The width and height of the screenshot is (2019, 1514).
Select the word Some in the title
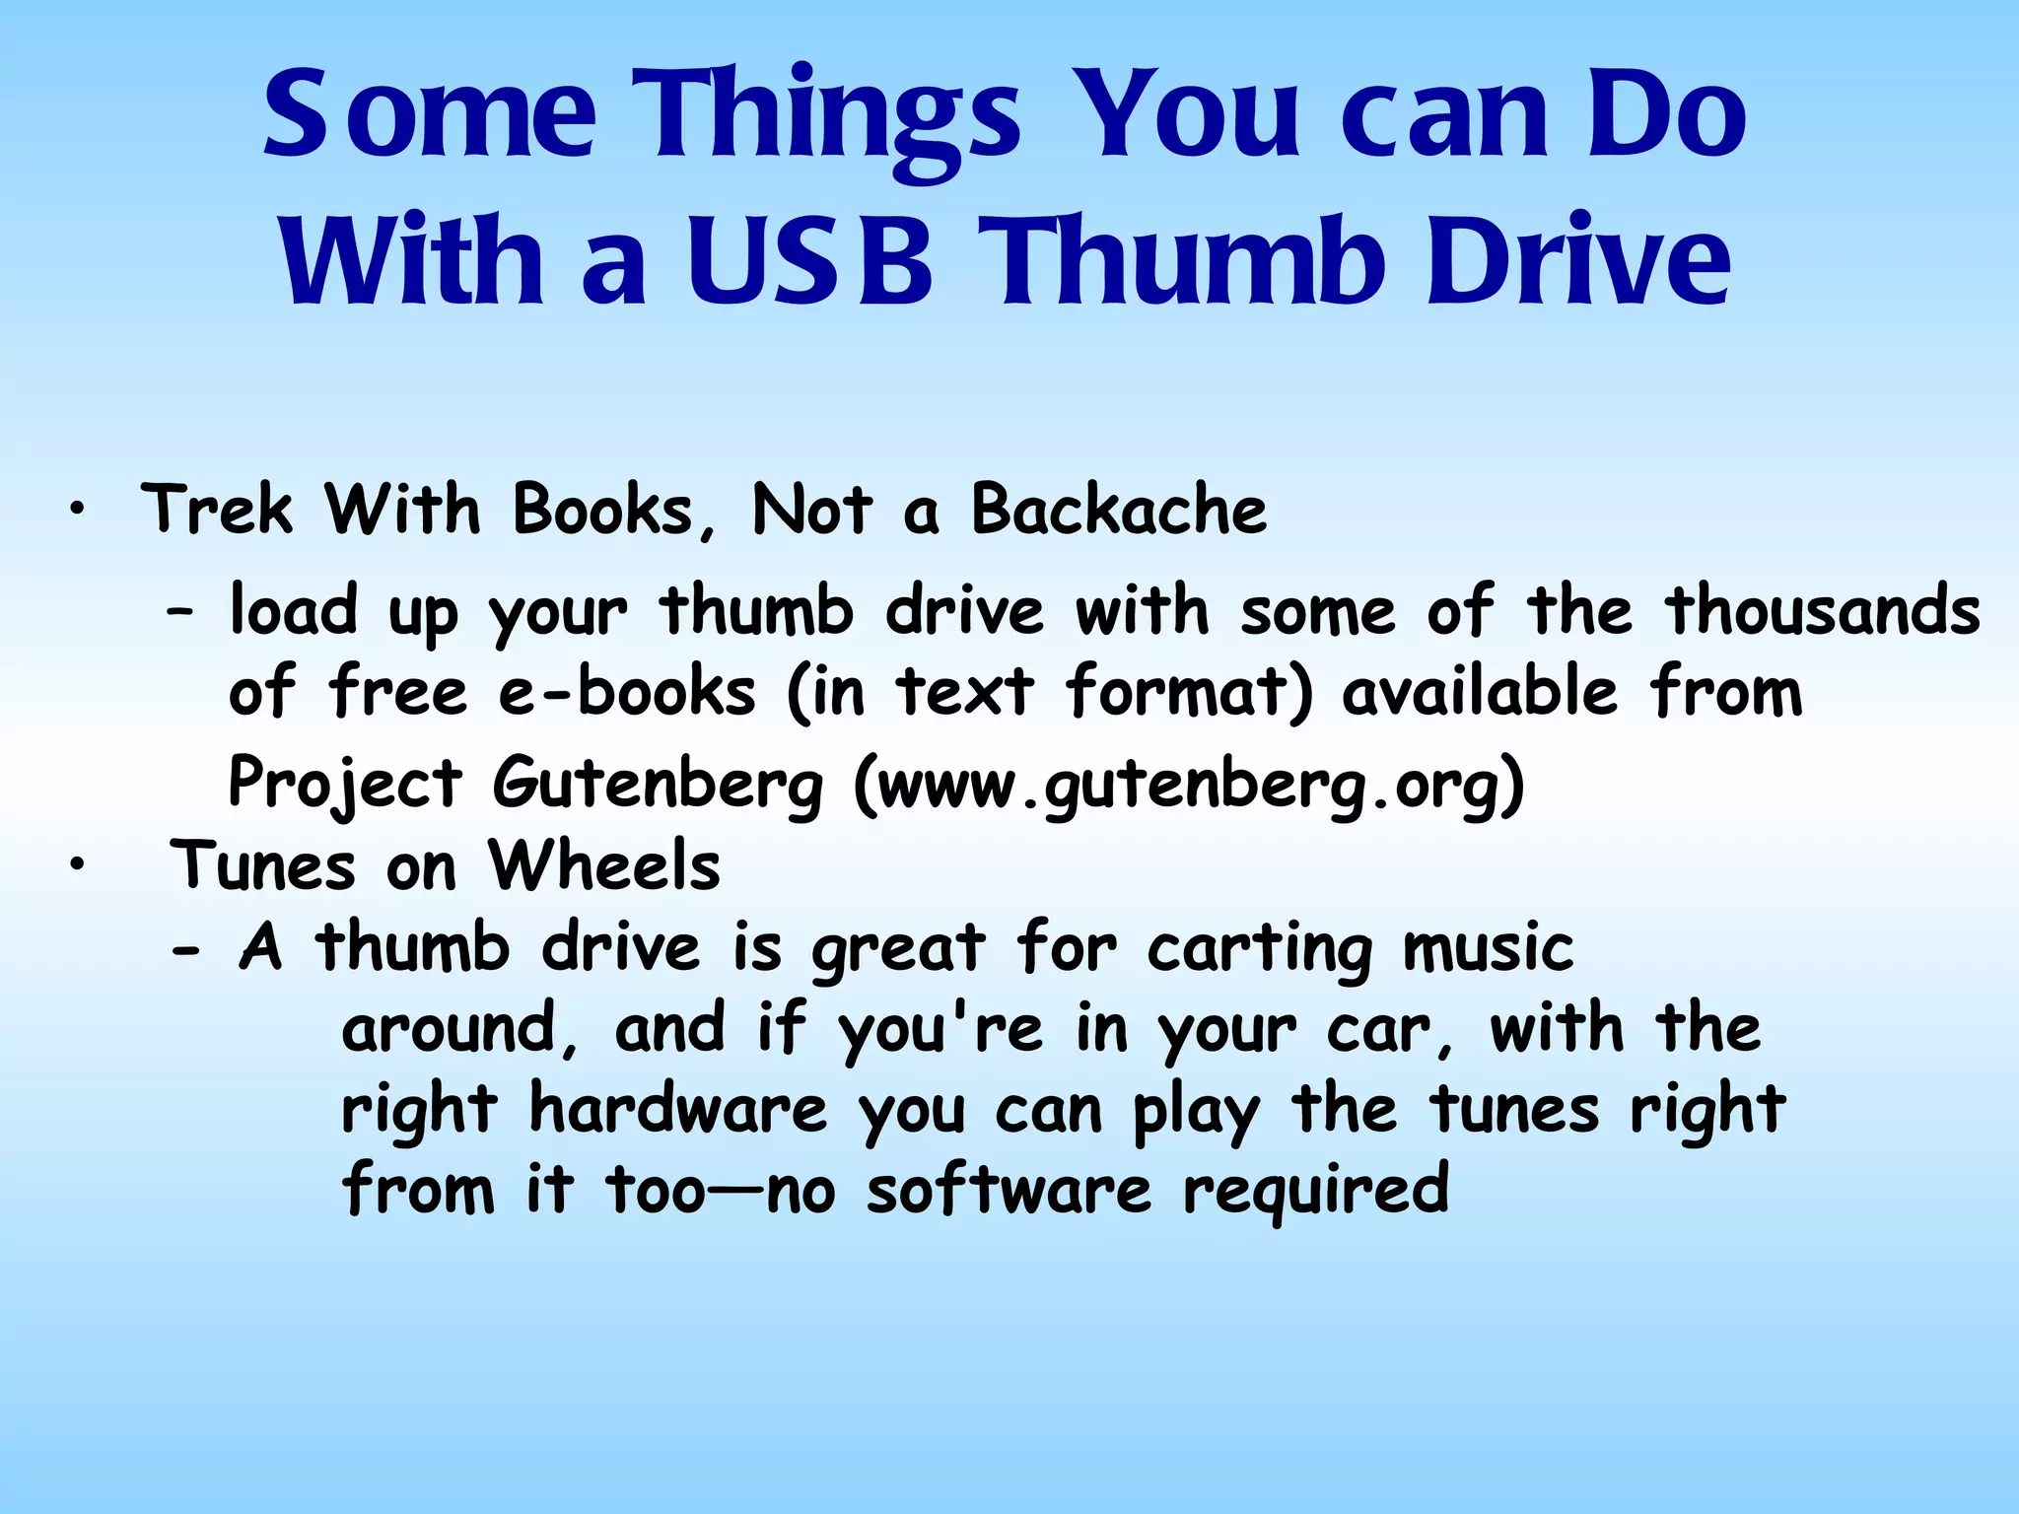(430, 112)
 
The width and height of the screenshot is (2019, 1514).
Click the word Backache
(1119, 511)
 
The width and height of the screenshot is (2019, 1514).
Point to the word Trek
(217, 511)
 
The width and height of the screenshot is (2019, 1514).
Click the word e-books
(627, 692)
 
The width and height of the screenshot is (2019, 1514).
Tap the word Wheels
(604, 866)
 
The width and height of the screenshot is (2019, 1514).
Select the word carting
(1260, 949)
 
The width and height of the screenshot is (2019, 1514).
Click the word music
(1488, 949)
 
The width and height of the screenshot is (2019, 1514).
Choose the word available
(1480, 692)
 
